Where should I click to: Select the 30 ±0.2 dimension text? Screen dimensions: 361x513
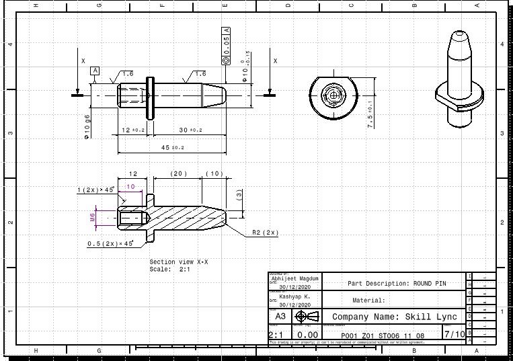pos(190,130)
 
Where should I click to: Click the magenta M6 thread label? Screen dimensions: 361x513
pos(92,217)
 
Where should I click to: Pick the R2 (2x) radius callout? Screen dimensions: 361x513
pos(265,232)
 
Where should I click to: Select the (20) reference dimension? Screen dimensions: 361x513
pos(177,173)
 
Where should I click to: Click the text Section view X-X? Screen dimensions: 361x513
pos(178,262)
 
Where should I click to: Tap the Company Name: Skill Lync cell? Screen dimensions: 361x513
pos(395,317)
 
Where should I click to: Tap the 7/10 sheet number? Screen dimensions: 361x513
pos(454,333)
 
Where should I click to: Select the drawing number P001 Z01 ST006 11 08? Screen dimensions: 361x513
pos(382,335)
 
